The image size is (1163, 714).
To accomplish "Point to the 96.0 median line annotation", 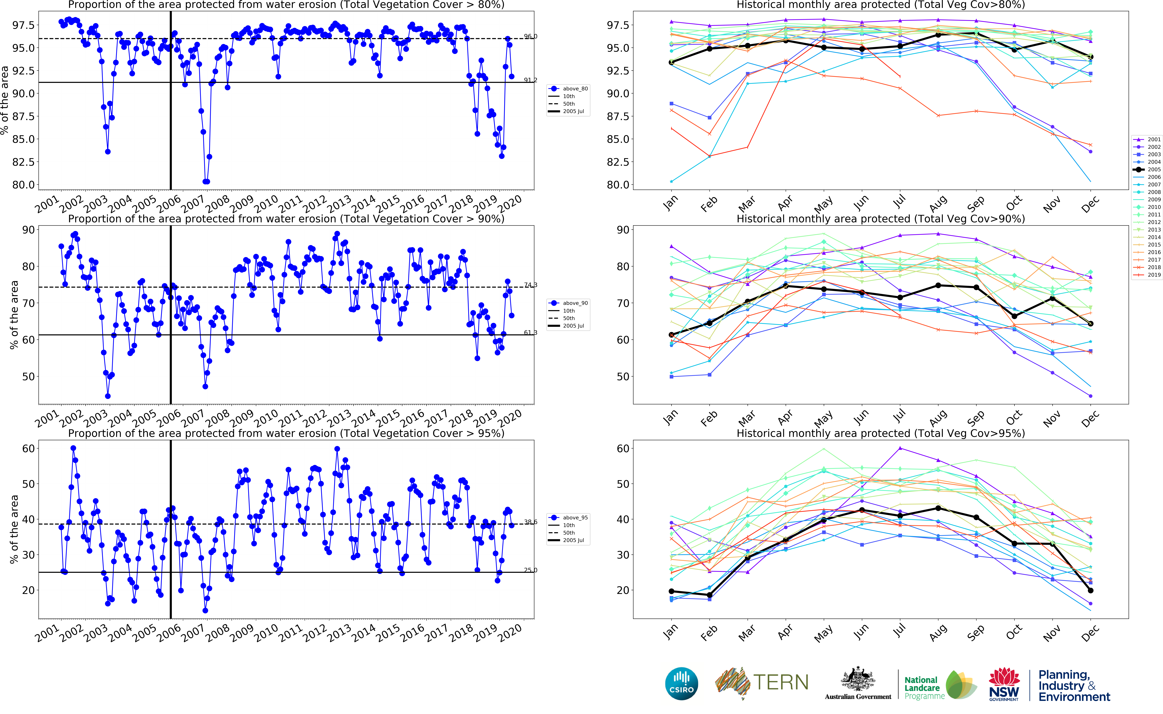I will [x=530, y=36].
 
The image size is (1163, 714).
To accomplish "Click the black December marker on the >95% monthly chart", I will [x=1090, y=590].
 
